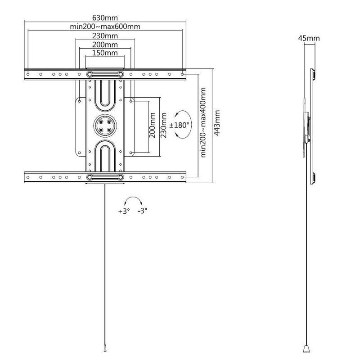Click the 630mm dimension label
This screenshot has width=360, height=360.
[105, 18]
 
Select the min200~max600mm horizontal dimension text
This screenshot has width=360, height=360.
[105, 27]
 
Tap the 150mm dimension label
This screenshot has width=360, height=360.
[105, 53]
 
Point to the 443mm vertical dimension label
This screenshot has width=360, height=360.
[217, 123]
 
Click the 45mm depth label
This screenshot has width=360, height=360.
[309, 38]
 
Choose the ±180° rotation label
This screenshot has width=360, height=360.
[179, 125]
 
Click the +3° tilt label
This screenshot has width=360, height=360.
[124, 211]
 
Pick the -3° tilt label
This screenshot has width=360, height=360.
[142, 211]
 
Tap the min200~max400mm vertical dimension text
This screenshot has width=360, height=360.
[203, 122]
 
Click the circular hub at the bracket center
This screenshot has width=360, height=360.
[105, 126]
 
